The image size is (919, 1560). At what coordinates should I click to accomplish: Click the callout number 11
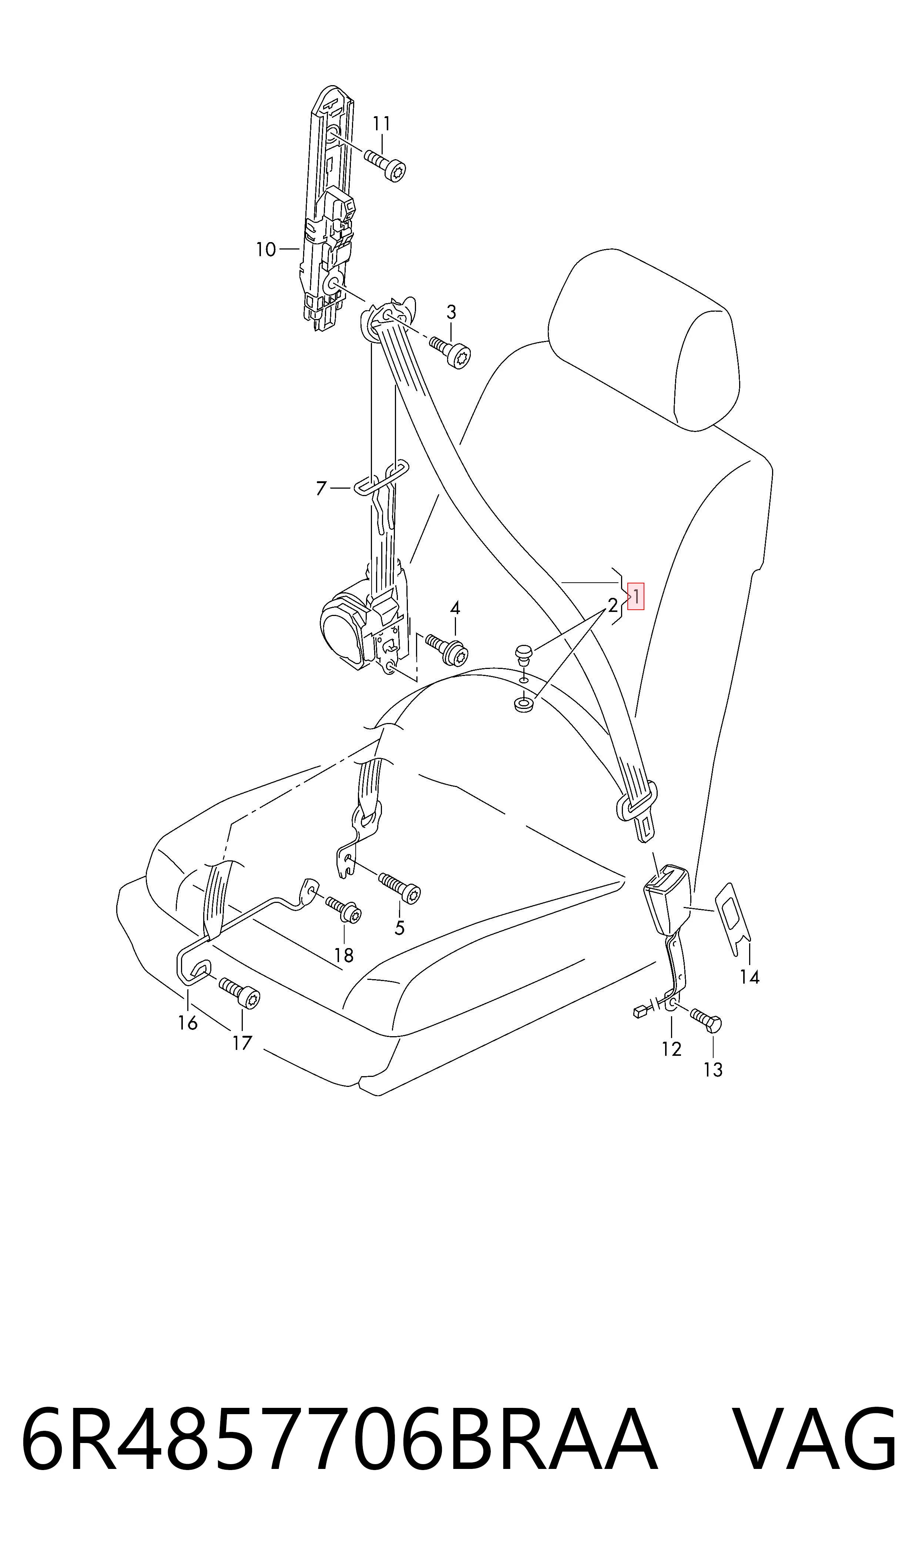(x=382, y=124)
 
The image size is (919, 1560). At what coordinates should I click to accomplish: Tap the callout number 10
(x=266, y=250)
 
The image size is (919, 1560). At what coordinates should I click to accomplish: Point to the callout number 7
(x=321, y=489)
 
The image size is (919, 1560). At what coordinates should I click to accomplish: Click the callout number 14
(x=749, y=977)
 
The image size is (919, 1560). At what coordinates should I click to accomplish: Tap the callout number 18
(x=344, y=955)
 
